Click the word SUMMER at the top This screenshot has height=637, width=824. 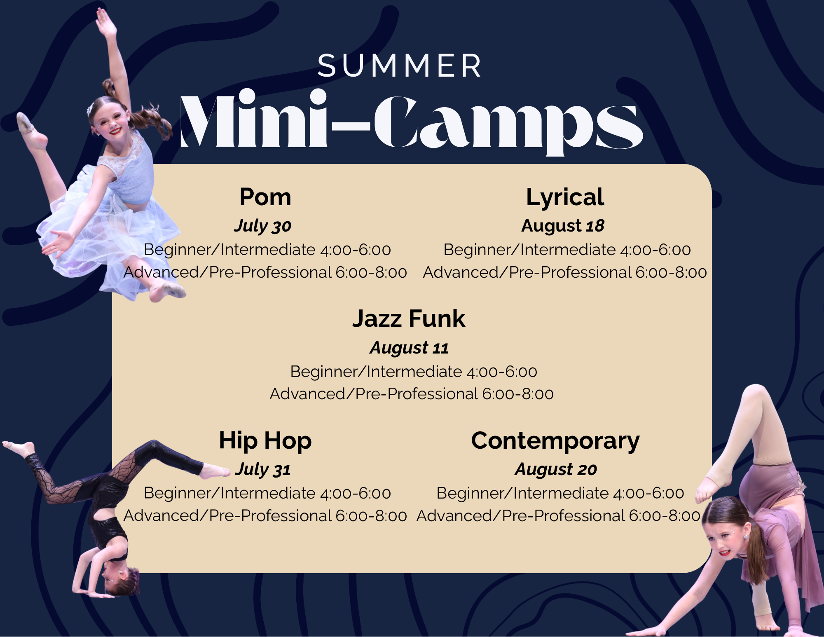coord(399,66)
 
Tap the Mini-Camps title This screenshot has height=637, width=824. coord(411,122)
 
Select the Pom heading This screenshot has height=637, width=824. coord(265,197)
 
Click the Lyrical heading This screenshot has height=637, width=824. coord(565,198)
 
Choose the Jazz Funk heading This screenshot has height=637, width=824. coord(409,318)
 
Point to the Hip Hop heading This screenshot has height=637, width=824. coord(265,441)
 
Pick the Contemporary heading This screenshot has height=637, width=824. coord(555,441)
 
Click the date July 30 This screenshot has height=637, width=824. coord(263,226)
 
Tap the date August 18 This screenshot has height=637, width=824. coord(563,226)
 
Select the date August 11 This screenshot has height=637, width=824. coord(409,348)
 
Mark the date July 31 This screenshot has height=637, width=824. coord(263,470)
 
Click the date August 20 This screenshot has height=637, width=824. coord(556,470)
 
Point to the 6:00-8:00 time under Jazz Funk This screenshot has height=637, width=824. coord(518,394)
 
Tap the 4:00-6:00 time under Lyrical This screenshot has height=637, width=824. coord(655,250)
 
